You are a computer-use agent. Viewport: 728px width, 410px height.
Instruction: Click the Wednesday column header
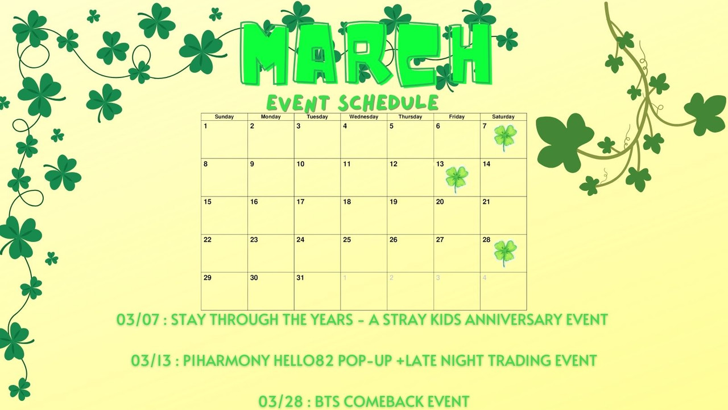[x=363, y=117]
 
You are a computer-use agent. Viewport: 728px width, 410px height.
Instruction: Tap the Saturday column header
[x=503, y=117]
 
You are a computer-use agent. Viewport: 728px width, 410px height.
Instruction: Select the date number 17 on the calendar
[x=300, y=202]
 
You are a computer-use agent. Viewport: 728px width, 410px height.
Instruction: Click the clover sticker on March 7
[x=505, y=138]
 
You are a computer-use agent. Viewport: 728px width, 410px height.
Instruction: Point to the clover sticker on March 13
[x=457, y=179]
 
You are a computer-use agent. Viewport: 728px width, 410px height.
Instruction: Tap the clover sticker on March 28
[x=505, y=253]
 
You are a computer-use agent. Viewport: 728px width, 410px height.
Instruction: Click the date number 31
[x=300, y=277]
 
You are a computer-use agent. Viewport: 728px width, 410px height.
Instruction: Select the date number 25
[x=347, y=240]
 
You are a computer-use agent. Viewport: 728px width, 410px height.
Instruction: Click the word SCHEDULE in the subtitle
[x=388, y=103]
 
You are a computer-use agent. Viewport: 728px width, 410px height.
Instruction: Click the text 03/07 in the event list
[x=138, y=319]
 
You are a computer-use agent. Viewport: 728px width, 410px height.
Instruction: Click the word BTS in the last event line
[x=327, y=401]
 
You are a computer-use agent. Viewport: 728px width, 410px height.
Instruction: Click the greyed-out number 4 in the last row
[x=484, y=278]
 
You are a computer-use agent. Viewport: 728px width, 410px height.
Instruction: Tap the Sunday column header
[x=224, y=117]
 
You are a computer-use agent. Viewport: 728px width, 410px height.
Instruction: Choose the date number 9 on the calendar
[x=252, y=164]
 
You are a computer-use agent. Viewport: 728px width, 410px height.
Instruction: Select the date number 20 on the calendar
[x=440, y=202]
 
